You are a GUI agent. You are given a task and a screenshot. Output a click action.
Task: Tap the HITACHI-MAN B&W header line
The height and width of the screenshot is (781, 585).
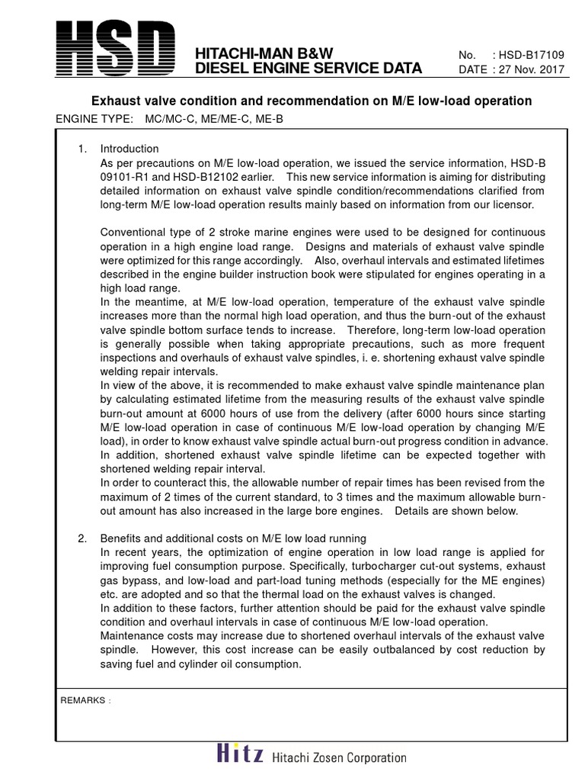[x=265, y=53]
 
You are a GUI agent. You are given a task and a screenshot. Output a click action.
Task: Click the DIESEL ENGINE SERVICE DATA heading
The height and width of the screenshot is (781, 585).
[x=308, y=69]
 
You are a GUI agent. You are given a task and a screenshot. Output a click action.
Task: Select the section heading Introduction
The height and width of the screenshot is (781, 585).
[x=129, y=149]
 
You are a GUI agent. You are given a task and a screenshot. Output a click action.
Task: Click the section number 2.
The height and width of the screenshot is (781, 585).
[x=83, y=539]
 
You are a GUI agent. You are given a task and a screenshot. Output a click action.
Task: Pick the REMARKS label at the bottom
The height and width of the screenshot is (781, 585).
[x=84, y=700]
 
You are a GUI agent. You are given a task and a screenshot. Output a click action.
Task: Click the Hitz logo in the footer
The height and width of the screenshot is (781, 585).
[x=239, y=756]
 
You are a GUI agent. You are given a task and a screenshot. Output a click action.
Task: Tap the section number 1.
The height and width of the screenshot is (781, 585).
[x=83, y=149]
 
